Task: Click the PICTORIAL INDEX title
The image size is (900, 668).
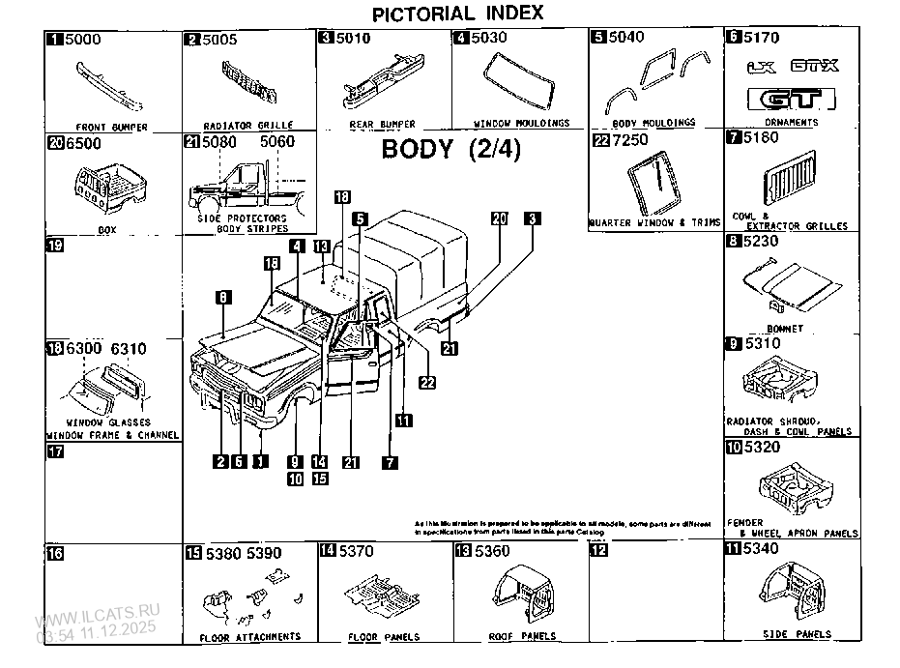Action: coord(458,13)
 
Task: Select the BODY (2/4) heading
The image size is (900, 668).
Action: coord(450,150)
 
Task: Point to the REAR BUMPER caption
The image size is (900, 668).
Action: coord(382,125)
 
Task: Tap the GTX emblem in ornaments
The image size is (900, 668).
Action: coord(815,68)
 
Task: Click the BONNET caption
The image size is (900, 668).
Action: coord(789,329)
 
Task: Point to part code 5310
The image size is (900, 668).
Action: coord(762,343)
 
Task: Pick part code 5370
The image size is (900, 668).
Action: coord(357,550)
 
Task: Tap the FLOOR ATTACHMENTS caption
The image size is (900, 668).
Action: coord(249,637)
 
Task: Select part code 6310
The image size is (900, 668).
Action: coord(128,348)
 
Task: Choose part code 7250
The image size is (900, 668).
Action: coord(632,141)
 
